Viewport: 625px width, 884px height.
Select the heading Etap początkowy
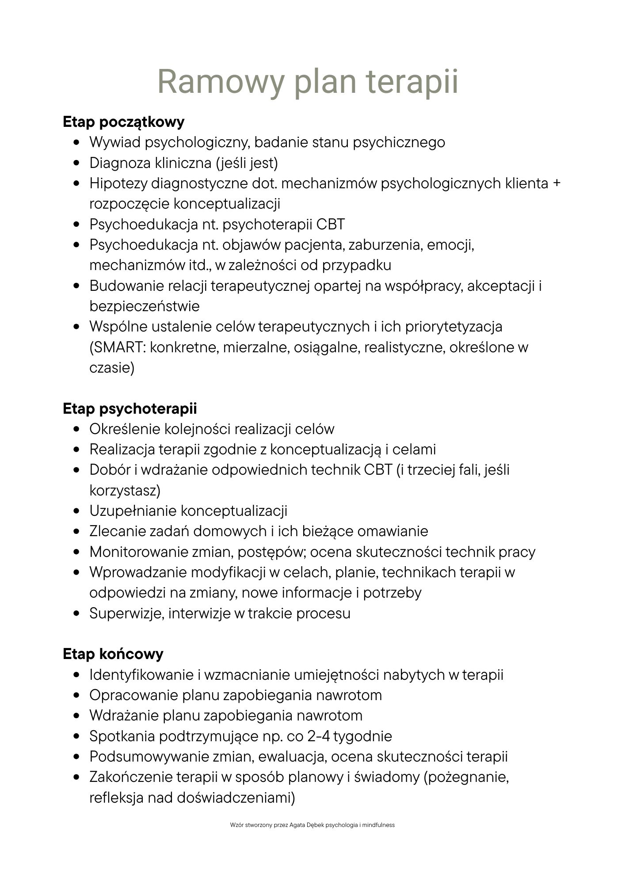click(124, 122)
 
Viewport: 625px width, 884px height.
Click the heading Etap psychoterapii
click(130, 408)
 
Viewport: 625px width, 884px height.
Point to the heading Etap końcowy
click(113, 654)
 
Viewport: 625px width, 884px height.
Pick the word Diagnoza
click(120, 163)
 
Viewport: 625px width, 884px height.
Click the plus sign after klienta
click(556, 183)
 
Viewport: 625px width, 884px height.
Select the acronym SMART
click(117, 347)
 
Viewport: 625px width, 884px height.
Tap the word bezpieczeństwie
click(144, 306)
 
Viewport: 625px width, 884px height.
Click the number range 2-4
click(318, 736)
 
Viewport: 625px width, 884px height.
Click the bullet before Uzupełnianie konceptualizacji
click(77, 511)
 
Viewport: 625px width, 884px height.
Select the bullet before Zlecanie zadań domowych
click(77, 532)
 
